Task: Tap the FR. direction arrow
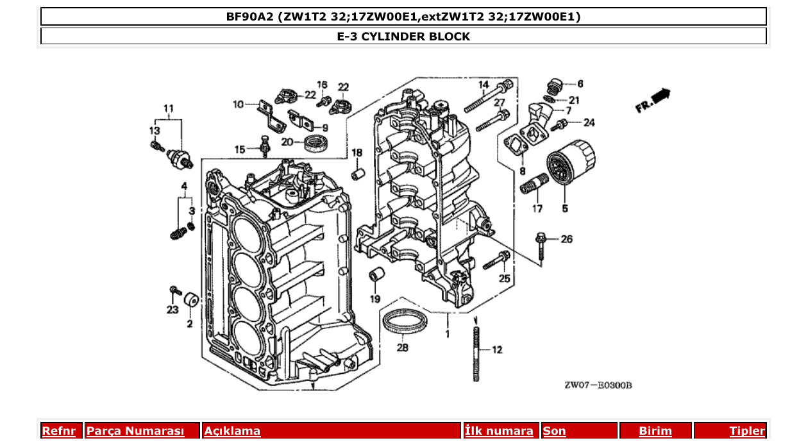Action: click(x=654, y=101)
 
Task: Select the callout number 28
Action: click(x=402, y=348)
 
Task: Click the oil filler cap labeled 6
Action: click(x=553, y=85)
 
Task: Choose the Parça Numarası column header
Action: click(x=135, y=431)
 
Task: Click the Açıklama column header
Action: click(x=232, y=431)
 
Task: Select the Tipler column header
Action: click(x=746, y=431)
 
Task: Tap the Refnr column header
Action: click(x=58, y=431)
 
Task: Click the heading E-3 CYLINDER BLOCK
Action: click(x=403, y=37)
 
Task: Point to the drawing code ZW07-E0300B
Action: click(x=598, y=385)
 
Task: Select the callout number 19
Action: click(x=375, y=299)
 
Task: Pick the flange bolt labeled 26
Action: click(x=540, y=246)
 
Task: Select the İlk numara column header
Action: click(x=498, y=431)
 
